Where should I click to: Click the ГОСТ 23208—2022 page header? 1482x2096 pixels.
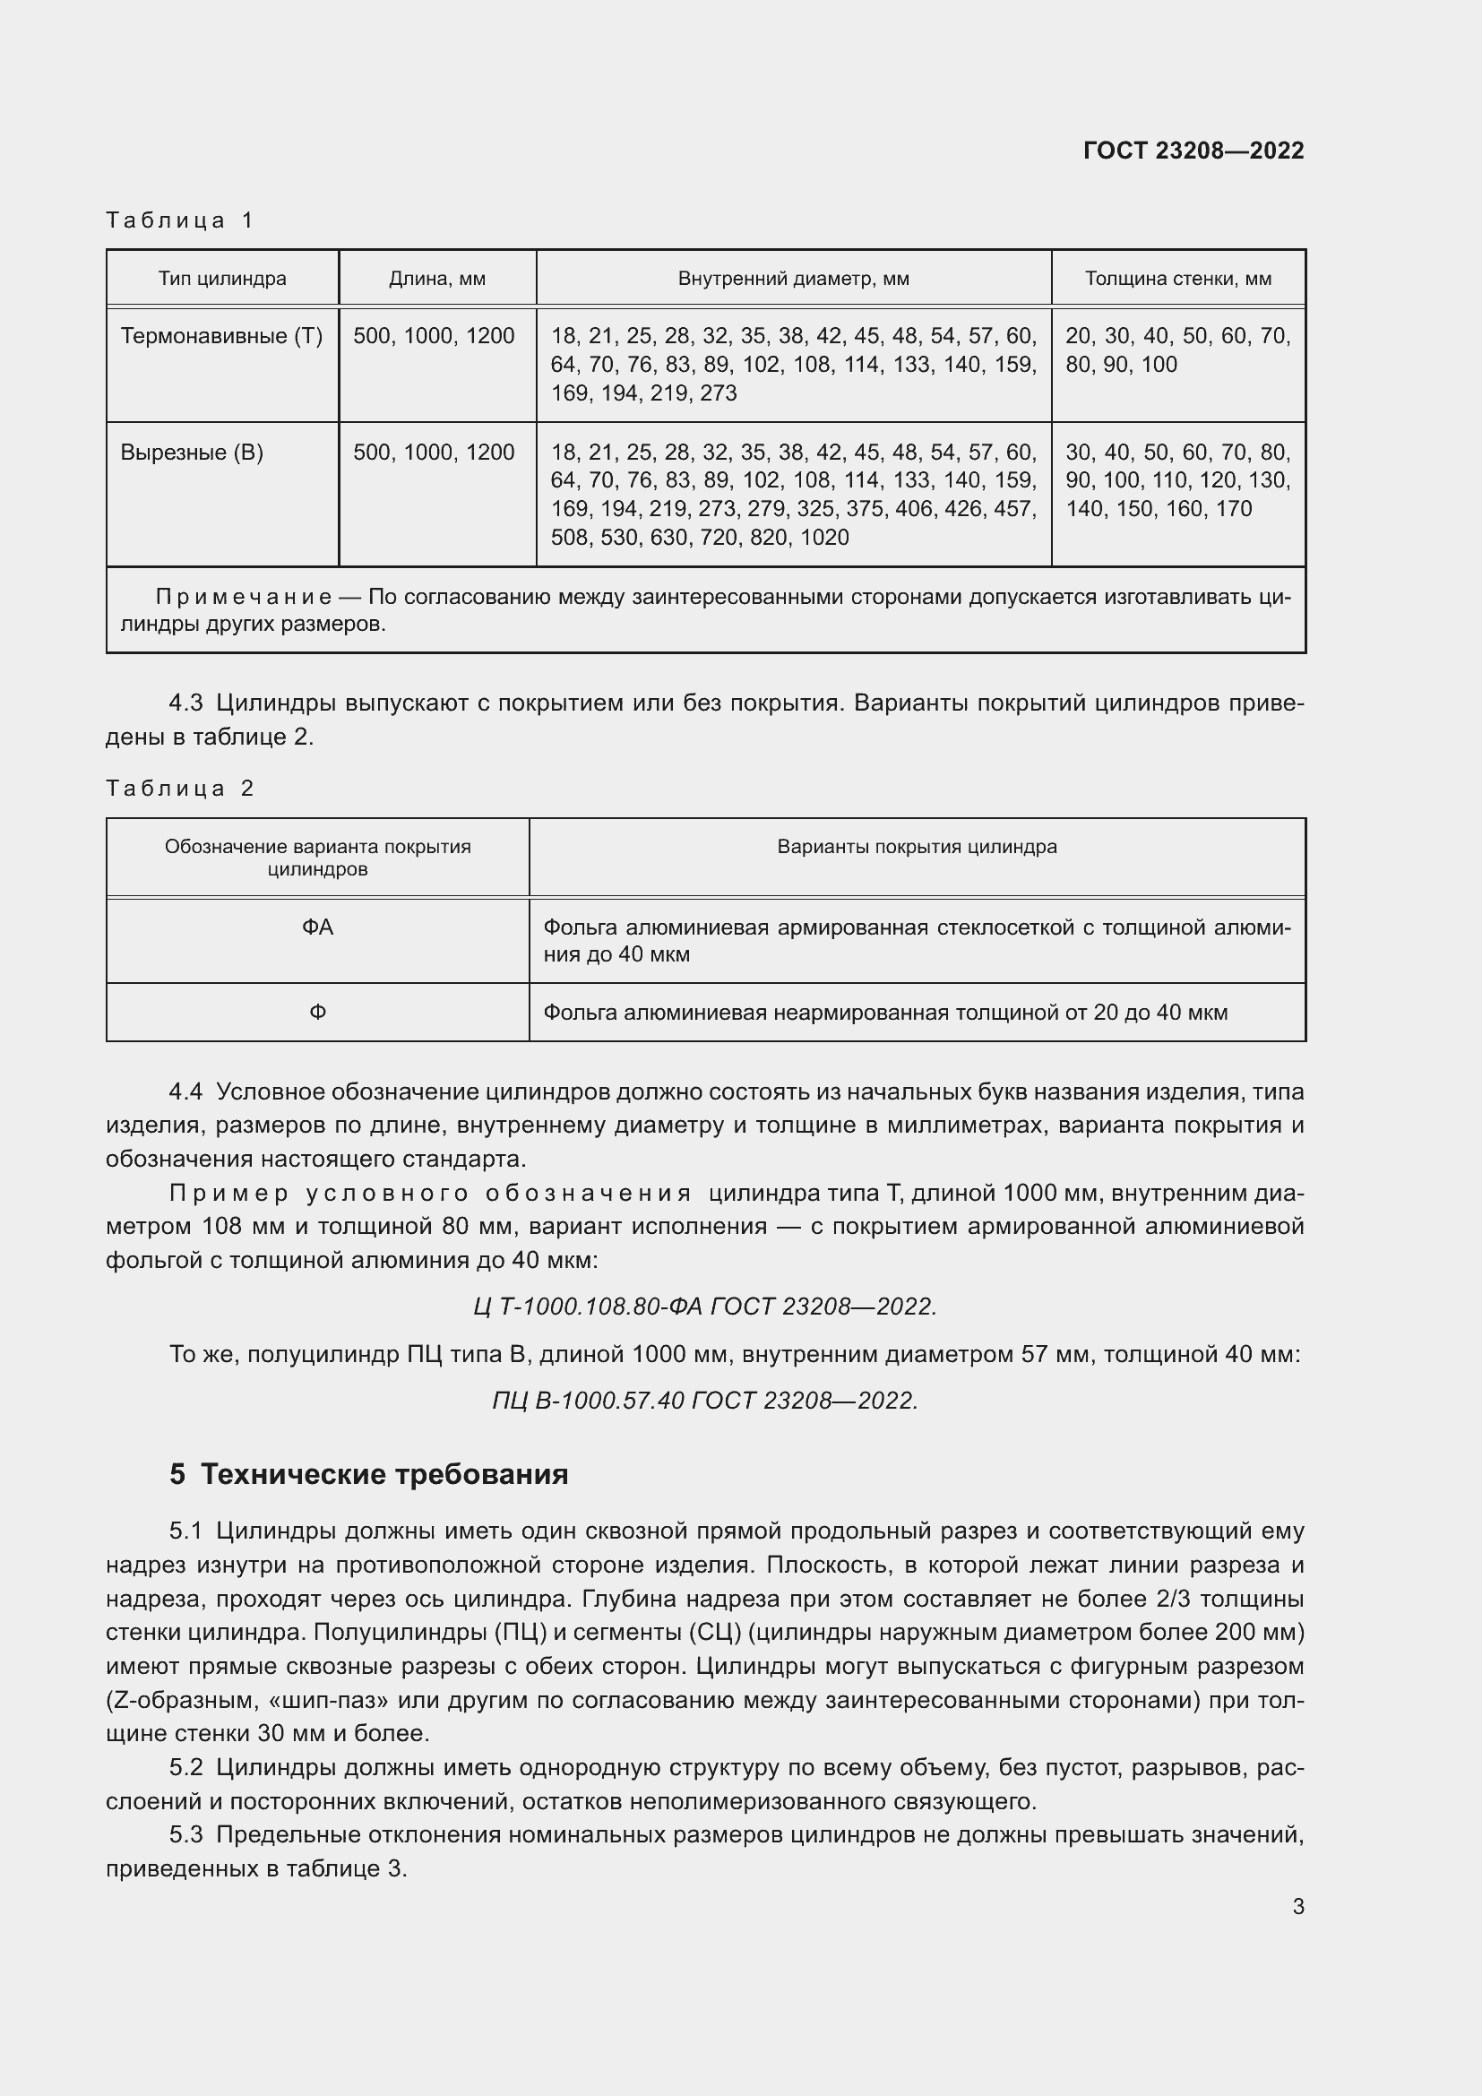click(1193, 151)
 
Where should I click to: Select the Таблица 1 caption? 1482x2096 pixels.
click(180, 220)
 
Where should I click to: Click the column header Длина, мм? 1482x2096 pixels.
click(437, 279)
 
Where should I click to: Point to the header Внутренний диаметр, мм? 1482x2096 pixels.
click(793, 279)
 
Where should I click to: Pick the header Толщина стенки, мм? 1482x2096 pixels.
click(1177, 279)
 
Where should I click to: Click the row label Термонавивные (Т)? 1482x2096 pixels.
click(221, 336)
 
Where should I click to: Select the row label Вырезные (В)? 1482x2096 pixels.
click(192, 453)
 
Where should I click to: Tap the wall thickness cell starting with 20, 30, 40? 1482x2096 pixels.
click(1177, 349)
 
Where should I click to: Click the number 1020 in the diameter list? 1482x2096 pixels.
click(824, 538)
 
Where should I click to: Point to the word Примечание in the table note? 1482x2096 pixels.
click(244, 597)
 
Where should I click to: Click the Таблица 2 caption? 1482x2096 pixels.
click(180, 788)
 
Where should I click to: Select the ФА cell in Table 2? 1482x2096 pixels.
click(317, 927)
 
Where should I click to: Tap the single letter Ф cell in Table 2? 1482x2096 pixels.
click(317, 1013)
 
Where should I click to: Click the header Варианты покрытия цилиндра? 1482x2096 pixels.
click(917, 846)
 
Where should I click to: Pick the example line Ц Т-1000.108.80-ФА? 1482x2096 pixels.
click(704, 1307)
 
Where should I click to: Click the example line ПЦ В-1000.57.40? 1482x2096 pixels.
click(704, 1400)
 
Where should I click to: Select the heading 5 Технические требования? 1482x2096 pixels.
click(368, 1474)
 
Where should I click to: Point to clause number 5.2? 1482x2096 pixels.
click(185, 1768)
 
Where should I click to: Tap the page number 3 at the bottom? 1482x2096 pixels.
click(1297, 1907)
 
